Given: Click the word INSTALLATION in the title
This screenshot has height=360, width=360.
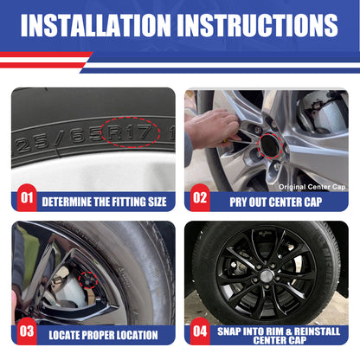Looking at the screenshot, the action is point(96,25).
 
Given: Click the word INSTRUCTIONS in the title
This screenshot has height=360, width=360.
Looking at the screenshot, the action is point(257,25).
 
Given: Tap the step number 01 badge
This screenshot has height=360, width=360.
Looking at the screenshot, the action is point(27,198).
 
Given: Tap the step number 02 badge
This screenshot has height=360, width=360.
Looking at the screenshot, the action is point(200,198).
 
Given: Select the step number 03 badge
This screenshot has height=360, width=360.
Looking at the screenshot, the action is point(27,331).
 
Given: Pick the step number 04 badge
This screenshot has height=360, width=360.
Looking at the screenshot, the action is point(200,331).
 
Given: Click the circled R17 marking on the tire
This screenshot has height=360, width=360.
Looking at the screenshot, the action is point(130,132).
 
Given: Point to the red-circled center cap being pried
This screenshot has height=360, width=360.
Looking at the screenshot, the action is point(270,145).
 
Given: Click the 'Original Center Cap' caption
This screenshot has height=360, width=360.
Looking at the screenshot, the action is point(312,187).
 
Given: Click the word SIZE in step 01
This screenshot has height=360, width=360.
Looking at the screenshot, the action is point(157,202).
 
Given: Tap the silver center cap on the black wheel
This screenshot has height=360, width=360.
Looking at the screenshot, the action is point(267,275).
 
